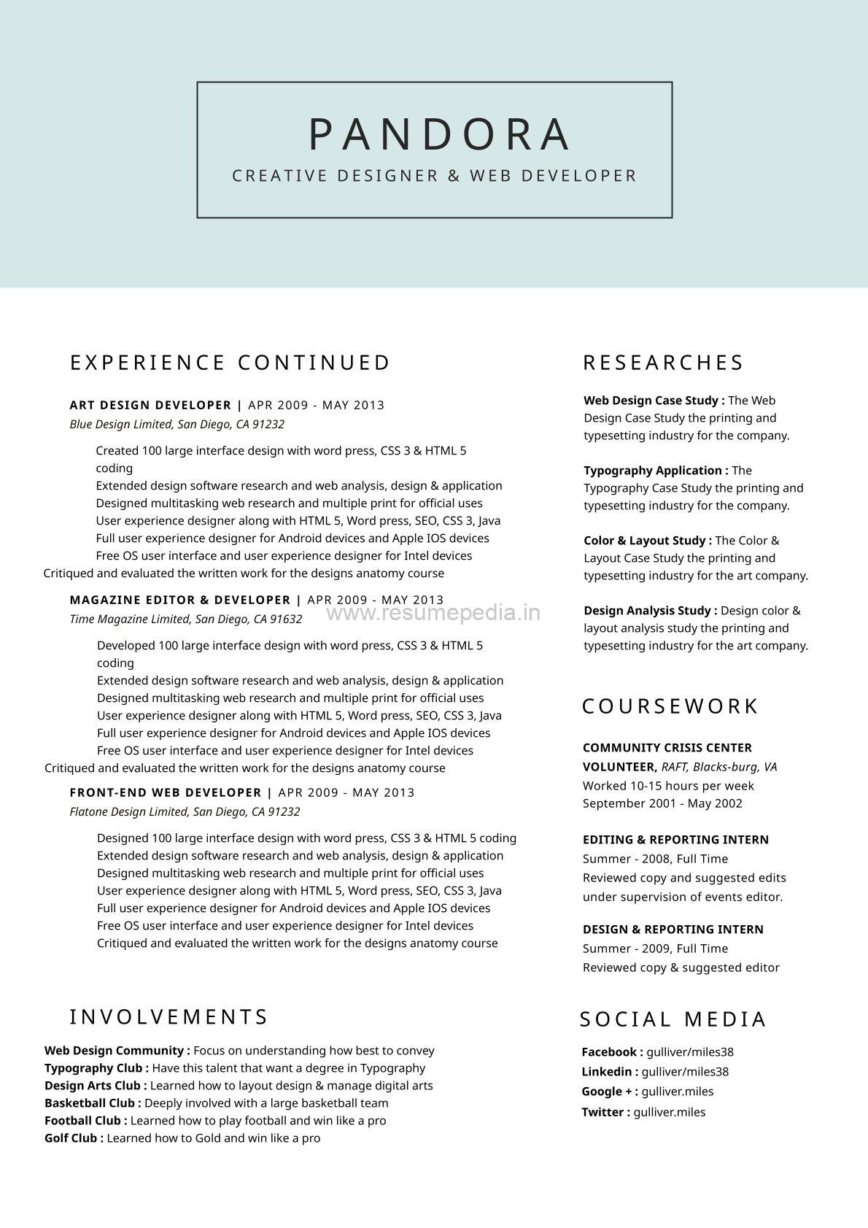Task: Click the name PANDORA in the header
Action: pos(439,134)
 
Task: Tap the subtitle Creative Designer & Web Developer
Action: pos(435,176)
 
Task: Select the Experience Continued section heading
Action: pos(230,363)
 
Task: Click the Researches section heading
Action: pos(663,363)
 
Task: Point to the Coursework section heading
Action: pos(670,706)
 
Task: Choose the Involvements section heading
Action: pos(169,1017)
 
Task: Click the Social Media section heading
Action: pos(673,1019)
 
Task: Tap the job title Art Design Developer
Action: pos(150,405)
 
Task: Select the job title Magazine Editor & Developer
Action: pos(180,600)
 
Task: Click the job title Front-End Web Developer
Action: pos(166,792)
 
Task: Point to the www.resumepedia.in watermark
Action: pos(433,613)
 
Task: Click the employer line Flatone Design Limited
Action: pos(185,811)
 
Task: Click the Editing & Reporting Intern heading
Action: pos(675,840)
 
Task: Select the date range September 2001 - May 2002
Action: pos(662,803)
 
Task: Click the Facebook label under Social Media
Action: pos(612,1052)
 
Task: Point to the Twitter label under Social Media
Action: pos(605,1113)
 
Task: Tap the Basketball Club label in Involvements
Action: pos(93,1103)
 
